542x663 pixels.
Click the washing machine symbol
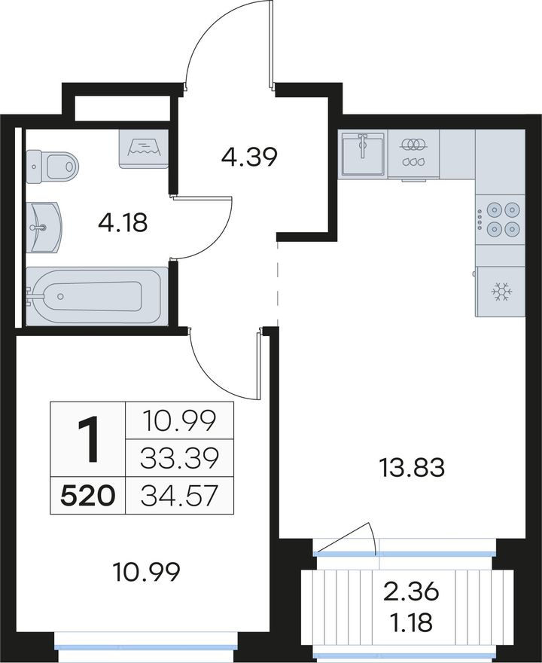144,149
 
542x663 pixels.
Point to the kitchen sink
363,154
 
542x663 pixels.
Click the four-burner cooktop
501,219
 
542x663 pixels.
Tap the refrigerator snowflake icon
501,292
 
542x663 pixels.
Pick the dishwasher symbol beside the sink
413,154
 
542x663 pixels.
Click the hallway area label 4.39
249,157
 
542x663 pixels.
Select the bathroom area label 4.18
123,223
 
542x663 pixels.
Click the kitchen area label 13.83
412,469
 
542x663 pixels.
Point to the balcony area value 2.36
411,592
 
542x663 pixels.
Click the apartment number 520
88,496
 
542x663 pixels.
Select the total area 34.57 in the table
180,496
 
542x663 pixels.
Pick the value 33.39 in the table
180,458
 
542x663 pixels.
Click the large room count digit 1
88,438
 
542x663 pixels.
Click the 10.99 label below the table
146,573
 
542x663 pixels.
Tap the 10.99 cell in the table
180,420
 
